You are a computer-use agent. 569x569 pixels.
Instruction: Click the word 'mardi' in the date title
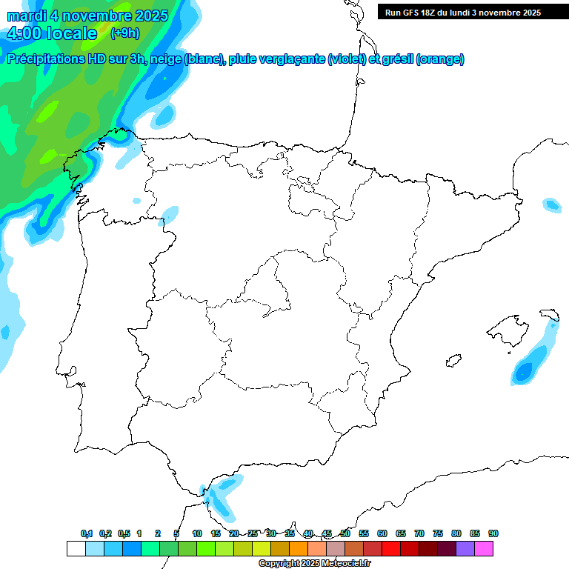coord(27,16)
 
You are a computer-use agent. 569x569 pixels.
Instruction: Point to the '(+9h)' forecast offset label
coord(124,33)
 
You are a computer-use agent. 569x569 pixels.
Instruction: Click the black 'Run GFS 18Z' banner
coord(462,12)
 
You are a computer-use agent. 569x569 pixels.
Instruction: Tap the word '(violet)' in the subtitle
coord(347,59)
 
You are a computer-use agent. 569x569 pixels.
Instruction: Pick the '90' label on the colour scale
coord(493,533)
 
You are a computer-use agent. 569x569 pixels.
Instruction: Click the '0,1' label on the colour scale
coord(86,533)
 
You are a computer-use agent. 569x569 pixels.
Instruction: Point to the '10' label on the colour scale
coord(197,533)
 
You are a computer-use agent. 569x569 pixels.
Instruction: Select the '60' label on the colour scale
coord(382,533)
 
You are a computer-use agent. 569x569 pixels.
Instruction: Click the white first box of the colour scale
coord(76,548)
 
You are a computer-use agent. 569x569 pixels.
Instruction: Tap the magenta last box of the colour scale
coord(484,548)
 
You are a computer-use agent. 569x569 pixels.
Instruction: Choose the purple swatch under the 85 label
coord(465,548)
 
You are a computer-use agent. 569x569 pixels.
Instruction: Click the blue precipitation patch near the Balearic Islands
coord(527,367)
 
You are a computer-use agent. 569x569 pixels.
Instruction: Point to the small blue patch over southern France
coord(551,204)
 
